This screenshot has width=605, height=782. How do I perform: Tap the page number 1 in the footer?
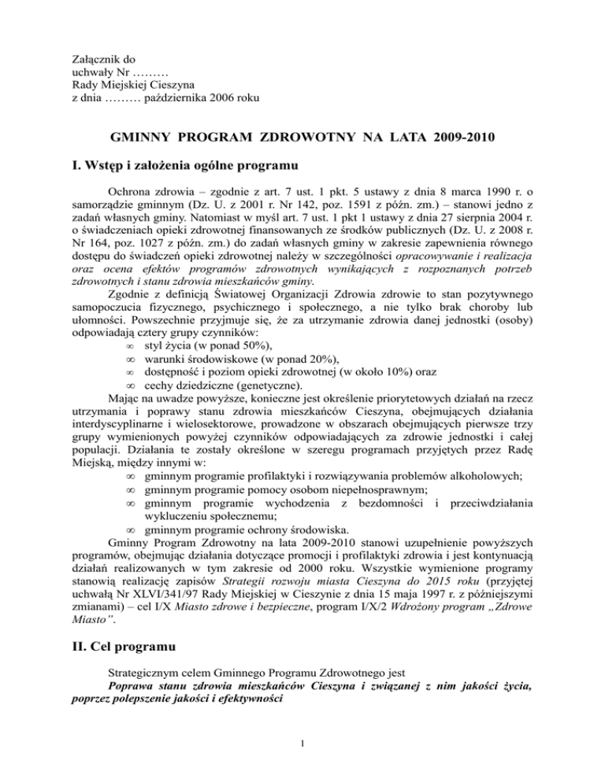[302, 762]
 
